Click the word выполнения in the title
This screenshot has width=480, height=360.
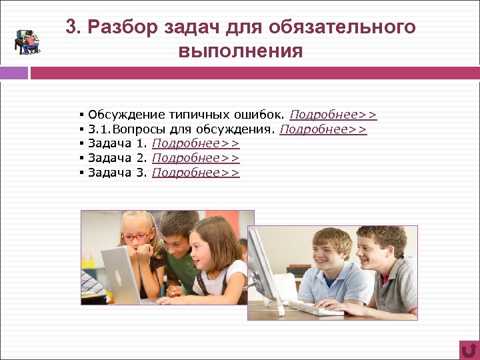point(241,51)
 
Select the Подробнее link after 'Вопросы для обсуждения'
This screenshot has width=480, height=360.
point(323,129)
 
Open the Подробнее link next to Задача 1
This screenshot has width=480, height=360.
point(195,144)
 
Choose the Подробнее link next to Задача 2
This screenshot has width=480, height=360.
point(195,159)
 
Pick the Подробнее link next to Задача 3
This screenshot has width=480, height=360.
point(195,173)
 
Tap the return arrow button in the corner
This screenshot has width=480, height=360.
point(469,349)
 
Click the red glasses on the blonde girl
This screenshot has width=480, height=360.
point(136,237)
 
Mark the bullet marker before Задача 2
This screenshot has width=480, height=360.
point(81,159)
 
